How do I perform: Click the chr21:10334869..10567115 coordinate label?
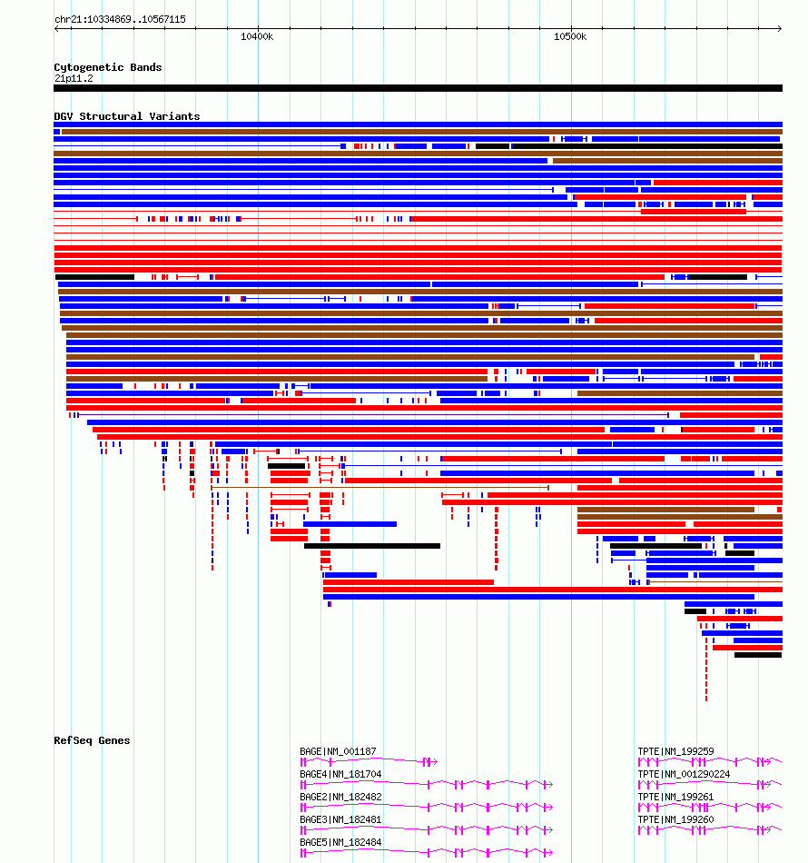pyautogui.click(x=121, y=19)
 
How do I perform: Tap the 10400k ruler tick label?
pyautogui.click(x=257, y=37)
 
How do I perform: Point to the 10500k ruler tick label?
pyautogui.click(x=570, y=37)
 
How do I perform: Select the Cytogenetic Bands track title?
pyautogui.click(x=108, y=68)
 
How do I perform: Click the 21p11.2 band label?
pyautogui.click(x=74, y=79)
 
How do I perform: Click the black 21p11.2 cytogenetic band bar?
pyautogui.click(x=418, y=88)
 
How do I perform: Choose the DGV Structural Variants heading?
pyautogui.click(x=127, y=116)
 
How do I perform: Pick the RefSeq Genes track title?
pyautogui.click(x=92, y=740)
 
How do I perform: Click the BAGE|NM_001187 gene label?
pyautogui.click(x=339, y=752)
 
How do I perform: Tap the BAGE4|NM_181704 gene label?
pyautogui.click(x=340, y=774)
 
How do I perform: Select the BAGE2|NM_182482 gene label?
pyautogui.click(x=340, y=797)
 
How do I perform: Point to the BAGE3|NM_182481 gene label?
pyautogui.click(x=340, y=819)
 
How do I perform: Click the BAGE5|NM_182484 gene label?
pyautogui.click(x=340, y=842)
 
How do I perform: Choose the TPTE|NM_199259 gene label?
pyautogui.click(x=676, y=752)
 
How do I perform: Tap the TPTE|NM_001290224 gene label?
pyautogui.click(x=685, y=774)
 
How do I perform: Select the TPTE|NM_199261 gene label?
pyautogui.click(x=676, y=797)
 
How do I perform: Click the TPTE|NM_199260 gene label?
pyautogui.click(x=676, y=819)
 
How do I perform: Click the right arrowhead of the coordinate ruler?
pyautogui.click(x=781, y=29)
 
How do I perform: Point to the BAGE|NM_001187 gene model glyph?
pyautogui.click(x=369, y=762)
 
